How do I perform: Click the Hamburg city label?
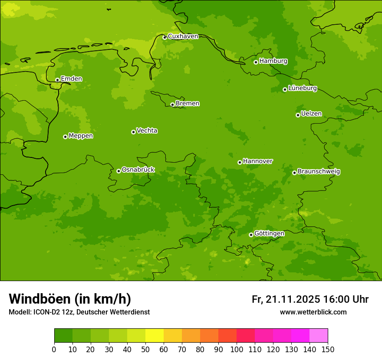pyautogui.click(x=273, y=61)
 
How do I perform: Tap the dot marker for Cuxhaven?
pyautogui.click(x=165, y=37)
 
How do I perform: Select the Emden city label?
pyautogui.click(x=71, y=79)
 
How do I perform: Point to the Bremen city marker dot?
pyautogui.click(x=172, y=105)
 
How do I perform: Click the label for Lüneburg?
pyautogui.click(x=302, y=88)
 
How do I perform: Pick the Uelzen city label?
pyautogui.click(x=311, y=114)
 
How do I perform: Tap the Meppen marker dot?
pyautogui.click(x=65, y=137)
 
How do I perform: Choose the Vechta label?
pyautogui.click(x=147, y=131)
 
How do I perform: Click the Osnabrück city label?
pyautogui.click(x=138, y=170)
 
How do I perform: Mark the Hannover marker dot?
pyautogui.click(x=240, y=162)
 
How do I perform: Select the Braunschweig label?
pyautogui.click(x=319, y=172)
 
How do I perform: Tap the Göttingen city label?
pyautogui.click(x=269, y=233)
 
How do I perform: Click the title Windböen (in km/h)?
pyautogui.click(x=69, y=299)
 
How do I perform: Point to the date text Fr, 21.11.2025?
pyautogui.click(x=286, y=299)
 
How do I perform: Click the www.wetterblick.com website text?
pyautogui.click(x=313, y=312)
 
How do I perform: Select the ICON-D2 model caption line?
pyautogui.click(x=79, y=312)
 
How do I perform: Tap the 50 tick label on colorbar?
pyautogui.click(x=145, y=349)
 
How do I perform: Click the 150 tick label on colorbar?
pyautogui.click(x=328, y=349)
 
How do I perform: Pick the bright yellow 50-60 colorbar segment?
pyautogui.click(x=155, y=336)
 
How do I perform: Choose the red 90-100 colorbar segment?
pyautogui.click(x=227, y=336)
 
